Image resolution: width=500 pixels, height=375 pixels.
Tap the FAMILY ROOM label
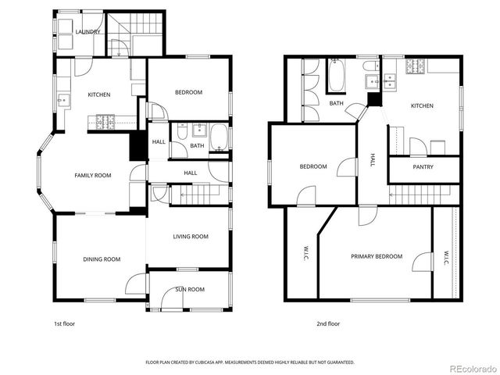point(93,176)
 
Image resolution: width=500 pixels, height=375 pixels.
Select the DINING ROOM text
point(102,259)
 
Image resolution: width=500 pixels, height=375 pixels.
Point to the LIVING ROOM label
point(191,237)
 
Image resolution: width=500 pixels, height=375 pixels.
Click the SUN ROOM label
point(190,289)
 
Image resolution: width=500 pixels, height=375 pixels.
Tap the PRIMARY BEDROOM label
point(377,256)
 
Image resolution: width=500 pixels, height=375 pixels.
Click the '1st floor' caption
point(65,323)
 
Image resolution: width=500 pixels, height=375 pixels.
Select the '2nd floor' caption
point(328,323)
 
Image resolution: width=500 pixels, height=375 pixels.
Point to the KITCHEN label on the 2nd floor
point(422,105)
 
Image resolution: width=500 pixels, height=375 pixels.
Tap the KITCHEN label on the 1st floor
point(98,95)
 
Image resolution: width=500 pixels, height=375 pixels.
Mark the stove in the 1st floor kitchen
point(105,121)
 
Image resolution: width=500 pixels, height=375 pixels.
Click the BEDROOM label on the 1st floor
point(188,92)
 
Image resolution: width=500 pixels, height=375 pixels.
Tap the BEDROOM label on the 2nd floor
point(313,166)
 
